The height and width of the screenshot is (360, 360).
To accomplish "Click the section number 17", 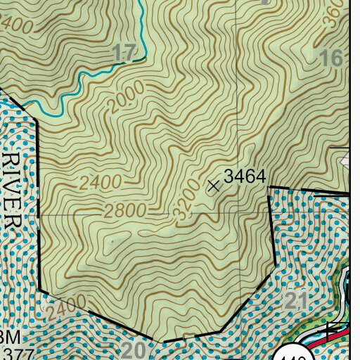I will coord(123,52).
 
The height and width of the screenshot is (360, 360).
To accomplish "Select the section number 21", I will coord(297,302).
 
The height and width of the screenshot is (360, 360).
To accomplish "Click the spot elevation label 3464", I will coord(245,176).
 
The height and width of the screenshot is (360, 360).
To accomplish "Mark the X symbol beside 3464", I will coord(214,186).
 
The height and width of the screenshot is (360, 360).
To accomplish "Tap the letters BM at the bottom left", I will coord(9,337).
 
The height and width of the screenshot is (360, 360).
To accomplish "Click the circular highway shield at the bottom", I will coord(295,354).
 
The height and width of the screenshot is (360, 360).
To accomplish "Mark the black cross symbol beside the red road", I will coord(329,328).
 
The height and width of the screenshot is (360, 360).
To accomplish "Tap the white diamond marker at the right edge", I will coord(345,162).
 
